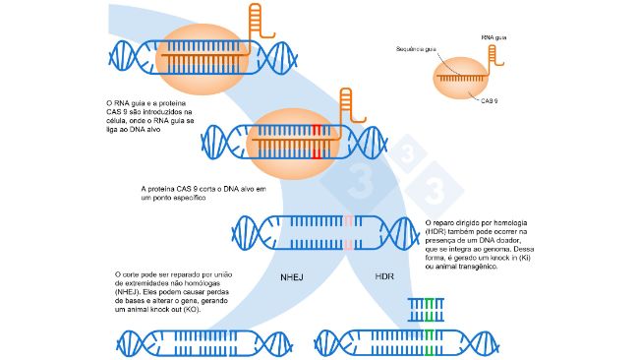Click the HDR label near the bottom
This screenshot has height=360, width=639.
384,279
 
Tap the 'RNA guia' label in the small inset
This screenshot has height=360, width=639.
494,36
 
